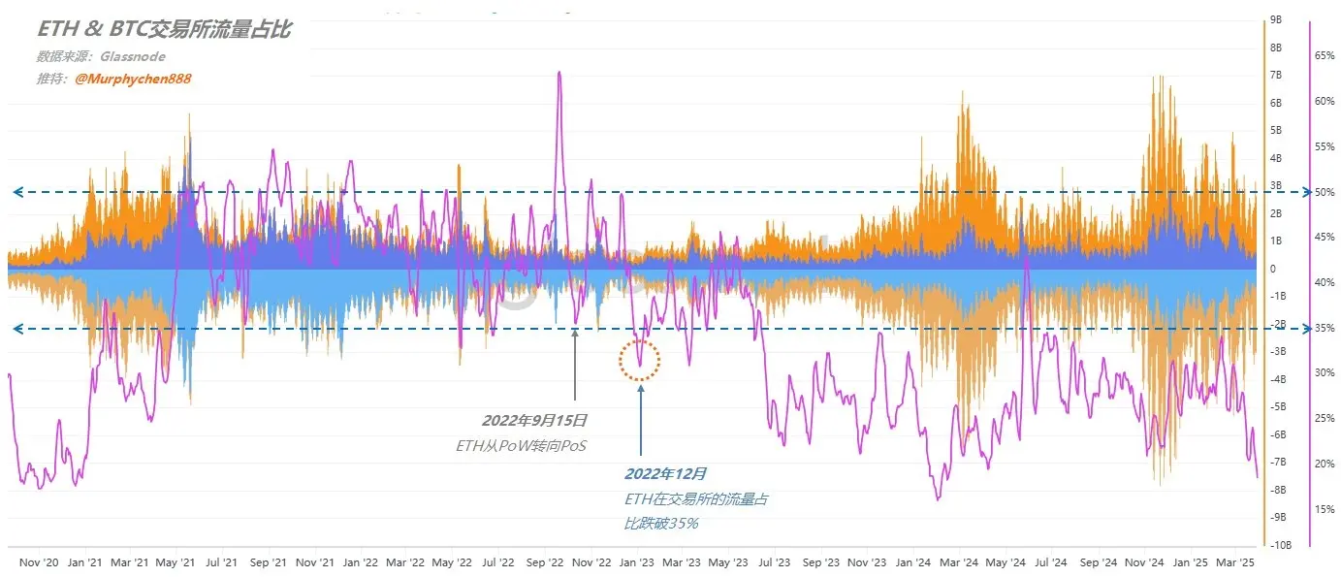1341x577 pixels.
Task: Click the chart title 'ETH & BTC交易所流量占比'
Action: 164,31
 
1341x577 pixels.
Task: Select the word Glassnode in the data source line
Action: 133,57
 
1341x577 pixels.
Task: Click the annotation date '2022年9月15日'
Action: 535,421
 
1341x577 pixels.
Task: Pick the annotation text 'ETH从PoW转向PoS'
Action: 521,446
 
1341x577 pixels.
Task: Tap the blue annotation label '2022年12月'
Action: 665,474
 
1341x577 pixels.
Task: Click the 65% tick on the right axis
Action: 1324,56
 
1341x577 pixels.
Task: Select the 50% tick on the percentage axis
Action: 1324,192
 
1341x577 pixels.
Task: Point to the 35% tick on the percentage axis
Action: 1324,329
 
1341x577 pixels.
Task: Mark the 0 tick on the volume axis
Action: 1273,269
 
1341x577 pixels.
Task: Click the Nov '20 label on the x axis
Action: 40,562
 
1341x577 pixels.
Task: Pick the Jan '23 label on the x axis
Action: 638,562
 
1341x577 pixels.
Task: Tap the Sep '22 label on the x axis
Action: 546,562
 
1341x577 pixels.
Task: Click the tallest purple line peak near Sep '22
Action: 559,73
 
